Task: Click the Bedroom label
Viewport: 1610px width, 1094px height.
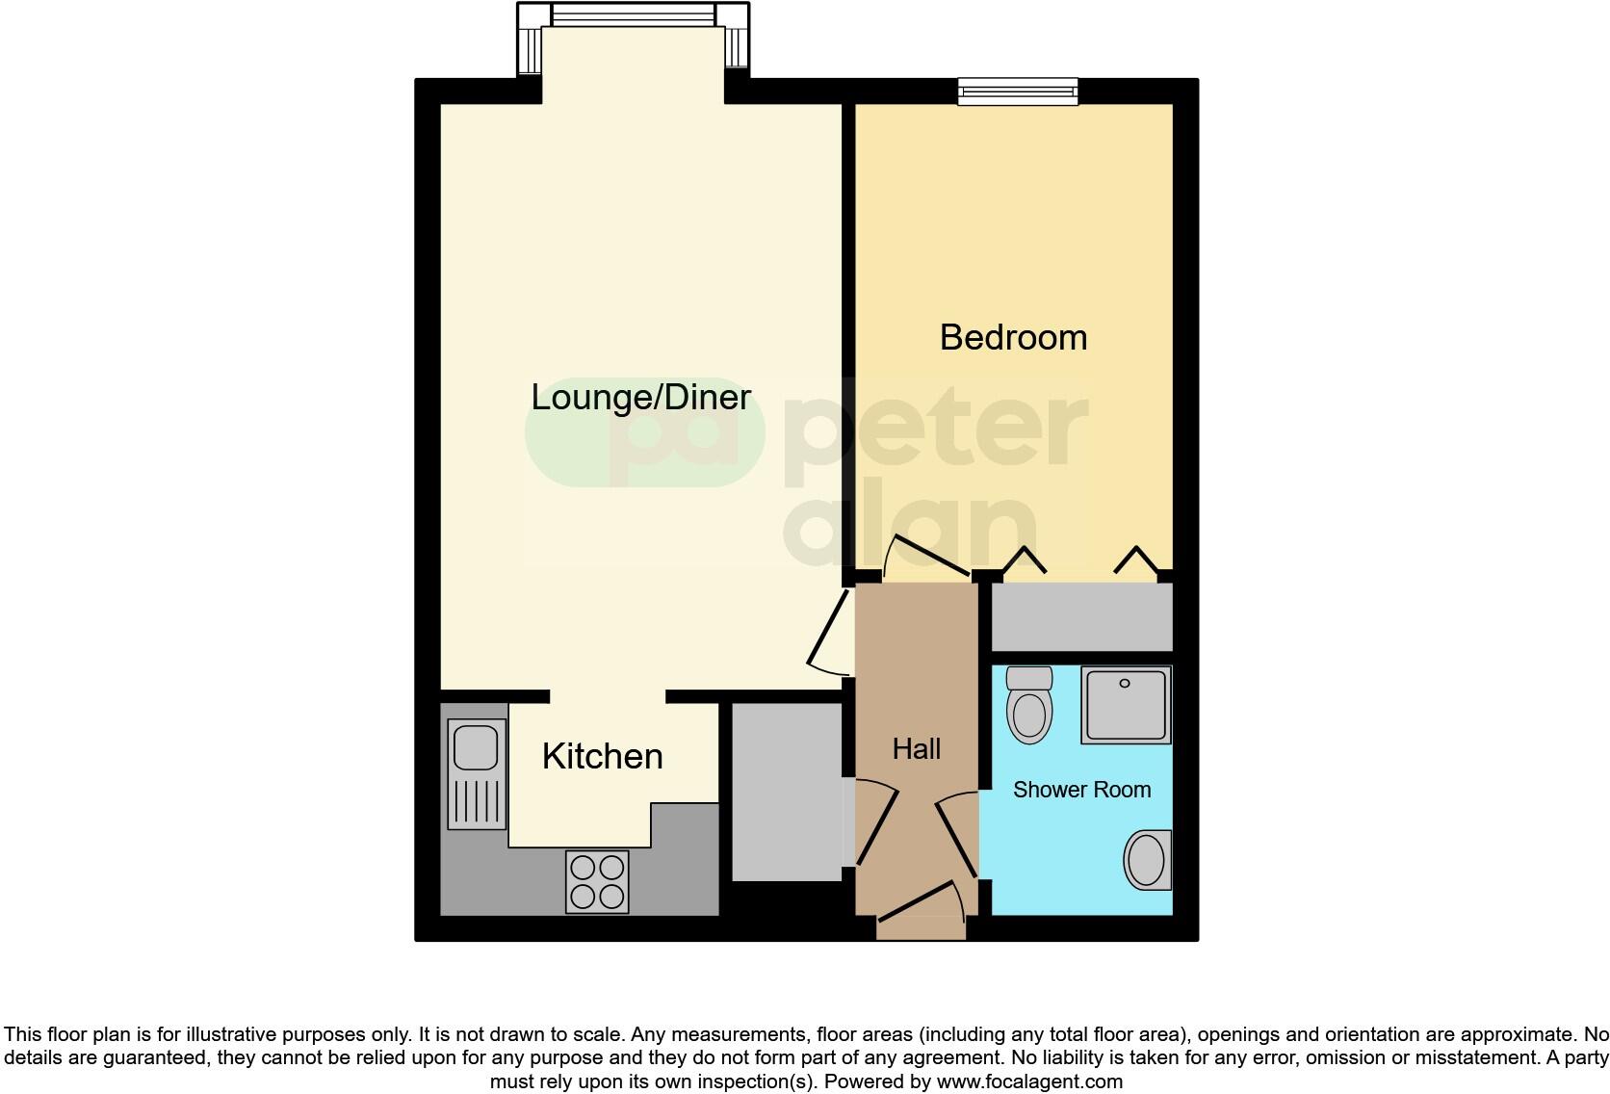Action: (1013, 338)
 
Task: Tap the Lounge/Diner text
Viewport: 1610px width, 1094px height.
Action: (640, 397)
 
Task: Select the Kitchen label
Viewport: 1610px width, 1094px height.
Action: (602, 757)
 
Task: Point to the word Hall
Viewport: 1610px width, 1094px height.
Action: (916, 748)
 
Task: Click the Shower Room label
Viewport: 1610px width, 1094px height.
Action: (1081, 790)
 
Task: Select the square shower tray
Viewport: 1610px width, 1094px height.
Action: (1126, 705)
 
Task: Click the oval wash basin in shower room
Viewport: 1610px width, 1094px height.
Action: (1147, 860)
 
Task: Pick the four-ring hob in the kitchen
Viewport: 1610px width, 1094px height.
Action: (597, 882)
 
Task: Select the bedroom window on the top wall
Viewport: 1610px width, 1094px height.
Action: (1018, 91)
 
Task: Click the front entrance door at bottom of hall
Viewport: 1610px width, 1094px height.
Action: (920, 910)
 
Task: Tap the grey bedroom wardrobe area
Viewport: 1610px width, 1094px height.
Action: (1081, 616)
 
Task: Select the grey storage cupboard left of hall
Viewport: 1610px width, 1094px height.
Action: (787, 791)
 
